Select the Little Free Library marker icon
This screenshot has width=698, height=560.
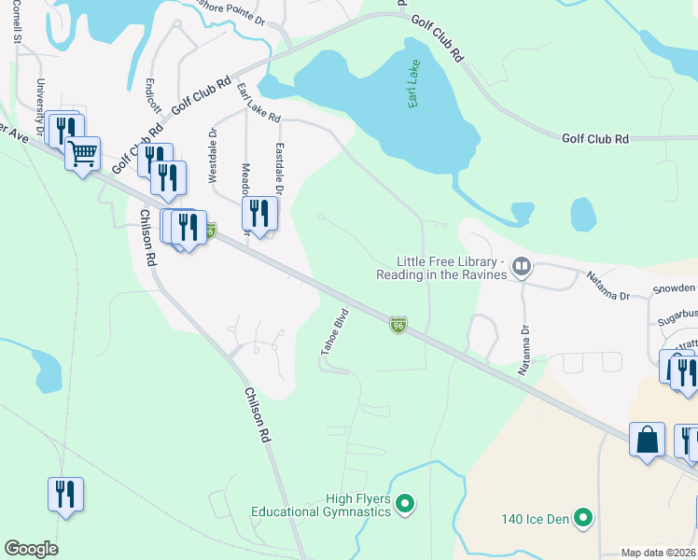[x=521, y=268]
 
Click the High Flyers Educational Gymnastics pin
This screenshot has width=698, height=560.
[x=404, y=505]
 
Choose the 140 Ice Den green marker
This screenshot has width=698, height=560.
[x=582, y=516]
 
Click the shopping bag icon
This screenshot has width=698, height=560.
[x=647, y=439]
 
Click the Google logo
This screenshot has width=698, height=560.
[x=31, y=549]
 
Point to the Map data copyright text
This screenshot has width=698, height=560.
[x=658, y=553]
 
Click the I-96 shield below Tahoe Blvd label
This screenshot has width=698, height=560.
[x=398, y=325]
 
